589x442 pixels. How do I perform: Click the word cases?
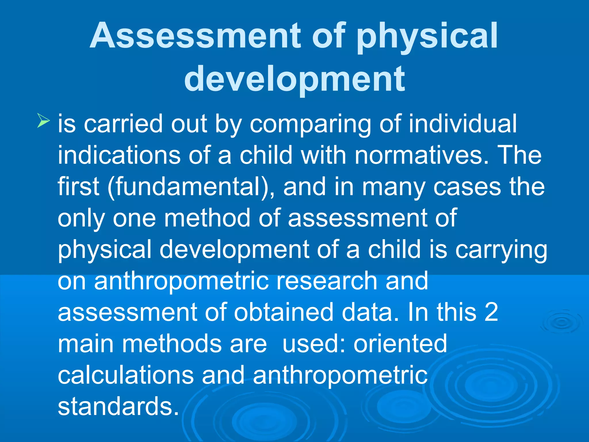467,187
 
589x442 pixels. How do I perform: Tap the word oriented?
400,344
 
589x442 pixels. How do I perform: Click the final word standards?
118,406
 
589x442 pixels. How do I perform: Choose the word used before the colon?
314,344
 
